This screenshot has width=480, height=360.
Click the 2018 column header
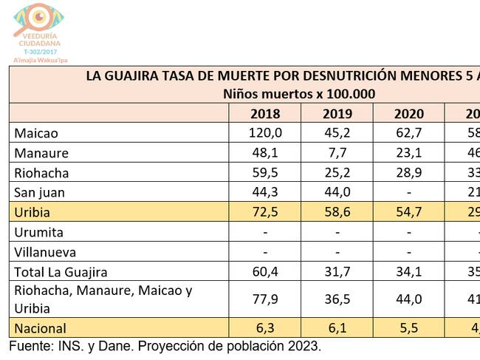point(265,114)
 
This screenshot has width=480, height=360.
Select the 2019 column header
point(337,114)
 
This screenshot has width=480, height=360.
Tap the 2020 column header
point(408,114)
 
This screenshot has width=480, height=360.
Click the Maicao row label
point(36,133)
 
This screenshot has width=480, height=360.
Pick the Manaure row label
point(41,153)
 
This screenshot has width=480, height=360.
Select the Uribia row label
point(34,212)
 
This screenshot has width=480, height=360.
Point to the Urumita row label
point(39,232)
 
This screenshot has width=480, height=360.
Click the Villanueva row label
point(45,252)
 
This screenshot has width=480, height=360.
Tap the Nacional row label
point(41,327)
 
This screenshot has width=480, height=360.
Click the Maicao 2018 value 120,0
point(265,133)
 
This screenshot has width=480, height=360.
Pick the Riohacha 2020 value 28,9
point(408,173)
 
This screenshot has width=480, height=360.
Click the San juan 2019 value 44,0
point(337,192)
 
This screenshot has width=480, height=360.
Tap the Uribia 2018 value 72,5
point(265,212)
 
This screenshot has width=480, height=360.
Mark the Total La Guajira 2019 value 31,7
point(337,272)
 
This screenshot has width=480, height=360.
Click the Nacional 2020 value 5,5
point(408,327)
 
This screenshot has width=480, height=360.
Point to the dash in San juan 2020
point(408,193)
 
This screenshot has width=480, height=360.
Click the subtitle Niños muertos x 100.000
point(299,94)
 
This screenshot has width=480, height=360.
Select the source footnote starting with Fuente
point(165,346)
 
